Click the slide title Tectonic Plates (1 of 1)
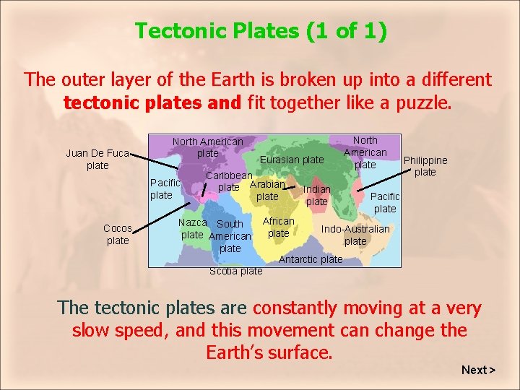click(x=261, y=30)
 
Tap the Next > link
click(x=478, y=370)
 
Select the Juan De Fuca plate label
click(x=97, y=160)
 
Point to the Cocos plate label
click(x=118, y=235)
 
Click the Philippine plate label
click(x=425, y=166)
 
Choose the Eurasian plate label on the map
click(x=292, y=160)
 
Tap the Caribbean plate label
click(x=229, y=181)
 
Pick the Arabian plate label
click(x=267, y=191)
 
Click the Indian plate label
click(x=316, y=195)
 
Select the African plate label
click(x=278, y=227)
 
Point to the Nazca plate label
click(x=192, y=229)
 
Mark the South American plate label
click(x=230, y=236)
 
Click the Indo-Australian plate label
click(x=355, y=235)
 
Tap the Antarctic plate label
click(x=311, y=259)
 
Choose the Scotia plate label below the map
click(x=235, y=272)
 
